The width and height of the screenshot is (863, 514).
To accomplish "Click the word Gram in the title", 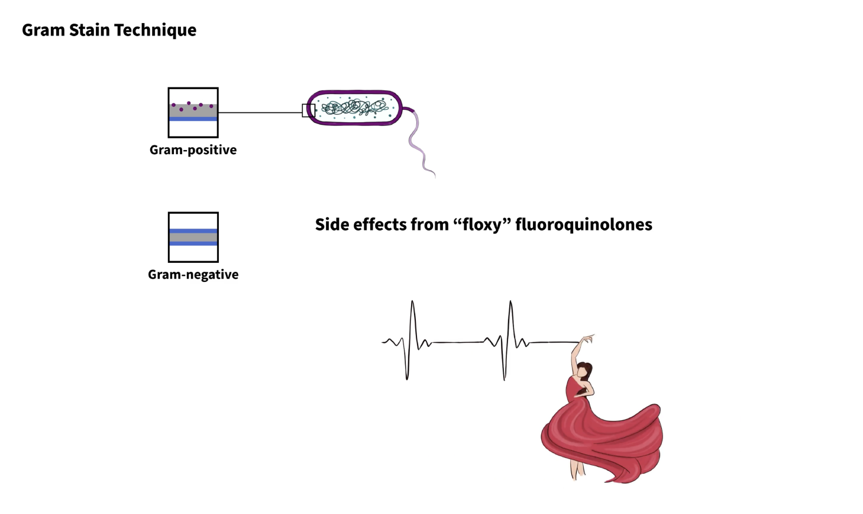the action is coord(43,30).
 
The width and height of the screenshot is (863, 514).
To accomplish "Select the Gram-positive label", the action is coord(193,149).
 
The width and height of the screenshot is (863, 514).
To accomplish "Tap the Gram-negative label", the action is coord(193,274).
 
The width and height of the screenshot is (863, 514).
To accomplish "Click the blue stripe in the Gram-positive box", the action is coord(193,119).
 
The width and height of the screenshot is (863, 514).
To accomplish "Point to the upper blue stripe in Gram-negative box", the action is coord(193,231).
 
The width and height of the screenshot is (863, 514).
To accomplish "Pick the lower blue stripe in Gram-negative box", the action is coord(193,243).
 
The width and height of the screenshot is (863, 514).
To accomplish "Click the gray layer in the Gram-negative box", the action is coord(193,237).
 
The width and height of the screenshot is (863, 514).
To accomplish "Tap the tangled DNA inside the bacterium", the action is coord(354,108).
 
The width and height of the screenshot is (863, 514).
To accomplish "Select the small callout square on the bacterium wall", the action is coord(309,110).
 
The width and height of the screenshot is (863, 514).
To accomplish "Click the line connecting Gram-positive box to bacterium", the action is coord(260,113).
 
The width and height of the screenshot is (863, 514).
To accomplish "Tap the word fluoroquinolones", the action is coord(584,225).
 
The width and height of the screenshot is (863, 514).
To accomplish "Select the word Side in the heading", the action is coord(332,225).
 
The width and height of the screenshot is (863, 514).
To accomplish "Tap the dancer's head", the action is coord(584,370).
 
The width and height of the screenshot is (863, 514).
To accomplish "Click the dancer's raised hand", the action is coord(588,339).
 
